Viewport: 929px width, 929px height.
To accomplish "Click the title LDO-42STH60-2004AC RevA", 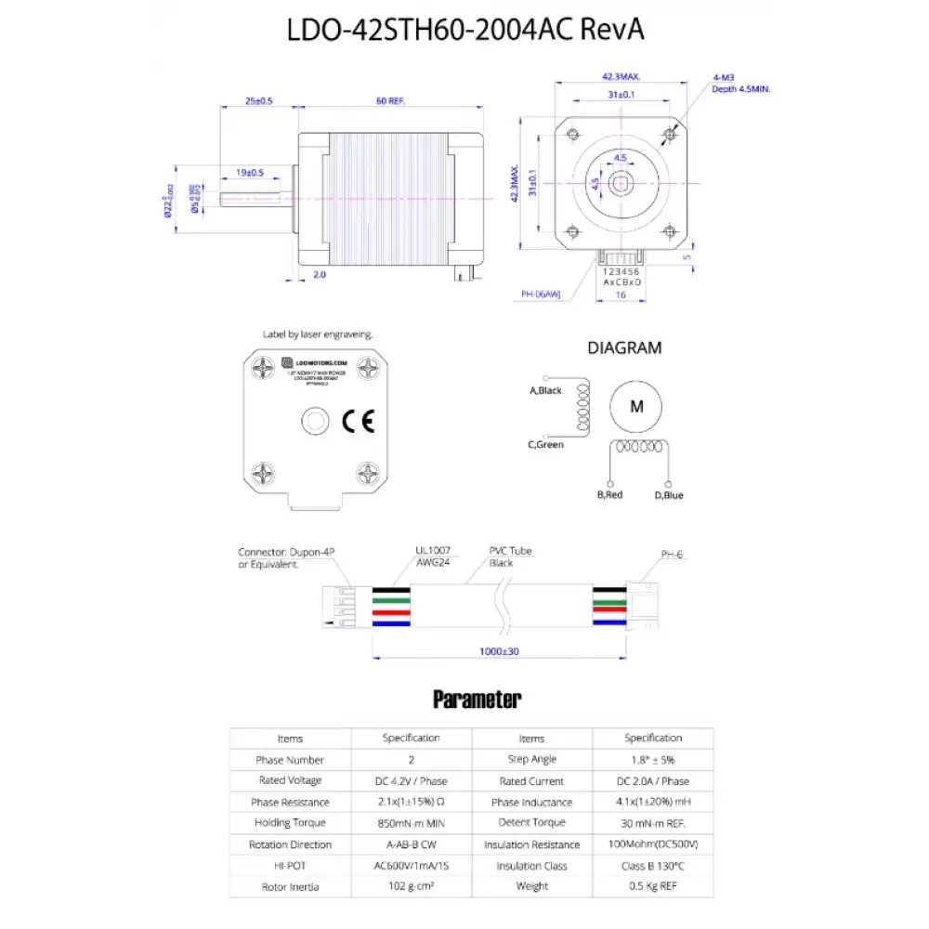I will click(x=464, y=30).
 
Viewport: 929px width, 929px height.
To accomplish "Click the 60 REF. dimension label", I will click(x=391, y=100).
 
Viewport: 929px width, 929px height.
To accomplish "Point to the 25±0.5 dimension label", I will click(x=258, y=100).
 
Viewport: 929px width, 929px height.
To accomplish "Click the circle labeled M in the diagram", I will click(x=636, y=406).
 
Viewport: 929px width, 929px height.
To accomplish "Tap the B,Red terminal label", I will click(x=609, y=495).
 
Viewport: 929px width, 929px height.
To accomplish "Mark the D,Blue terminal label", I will click(x=668, y=495).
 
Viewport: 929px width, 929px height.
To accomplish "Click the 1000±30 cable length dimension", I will click(x=498, y=651).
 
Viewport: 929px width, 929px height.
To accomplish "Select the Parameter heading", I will click(x=477, y=699).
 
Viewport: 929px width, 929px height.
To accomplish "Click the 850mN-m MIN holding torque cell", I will click(x=411, y=823).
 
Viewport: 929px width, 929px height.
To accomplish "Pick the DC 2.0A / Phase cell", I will click(x=652, y=781).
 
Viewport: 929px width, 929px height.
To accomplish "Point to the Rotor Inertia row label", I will click(x=290, y=887).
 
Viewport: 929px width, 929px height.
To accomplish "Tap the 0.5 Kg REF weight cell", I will click(x=652, y=887).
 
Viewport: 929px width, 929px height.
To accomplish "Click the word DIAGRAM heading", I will click(x=624, y=347).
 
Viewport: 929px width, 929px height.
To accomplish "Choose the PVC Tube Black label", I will click(x=510, y=556).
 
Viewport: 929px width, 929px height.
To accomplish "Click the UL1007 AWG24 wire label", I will click(x=432, y=556).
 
